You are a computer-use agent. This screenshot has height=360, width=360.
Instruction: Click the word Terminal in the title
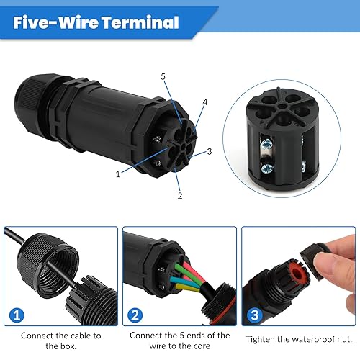pyautogui.click(x=140, y=22)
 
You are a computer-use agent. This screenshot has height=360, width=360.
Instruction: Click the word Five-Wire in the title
pyautogui.click(x=55, y=22)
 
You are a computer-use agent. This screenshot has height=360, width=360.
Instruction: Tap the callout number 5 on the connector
pyautogui.click(x=163, y=77)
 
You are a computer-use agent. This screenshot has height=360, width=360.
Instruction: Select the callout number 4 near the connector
pyautogui.click(x=204, y=102)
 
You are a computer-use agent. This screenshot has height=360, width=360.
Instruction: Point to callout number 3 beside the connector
pyautogui.click(x=210, y=151)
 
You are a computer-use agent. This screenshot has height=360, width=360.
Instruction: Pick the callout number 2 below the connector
pyautogui.click(x=180, y=196)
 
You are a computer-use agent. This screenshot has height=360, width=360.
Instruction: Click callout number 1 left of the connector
pyautogui.click(x=118, y=174)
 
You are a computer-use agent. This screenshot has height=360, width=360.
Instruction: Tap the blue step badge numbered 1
pyautogui.click(x=17, y=315)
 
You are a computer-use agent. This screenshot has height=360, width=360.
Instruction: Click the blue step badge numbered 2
pyautogui.click(x=135, y=315)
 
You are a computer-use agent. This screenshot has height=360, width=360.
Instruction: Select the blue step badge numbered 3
pyautogui.click(x=255, y=315)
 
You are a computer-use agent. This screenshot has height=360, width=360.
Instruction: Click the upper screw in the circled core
pyautogui.click(x=266, y=145)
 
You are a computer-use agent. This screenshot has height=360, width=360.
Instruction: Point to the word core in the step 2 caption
pyautogui.click(x=202, y=346)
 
